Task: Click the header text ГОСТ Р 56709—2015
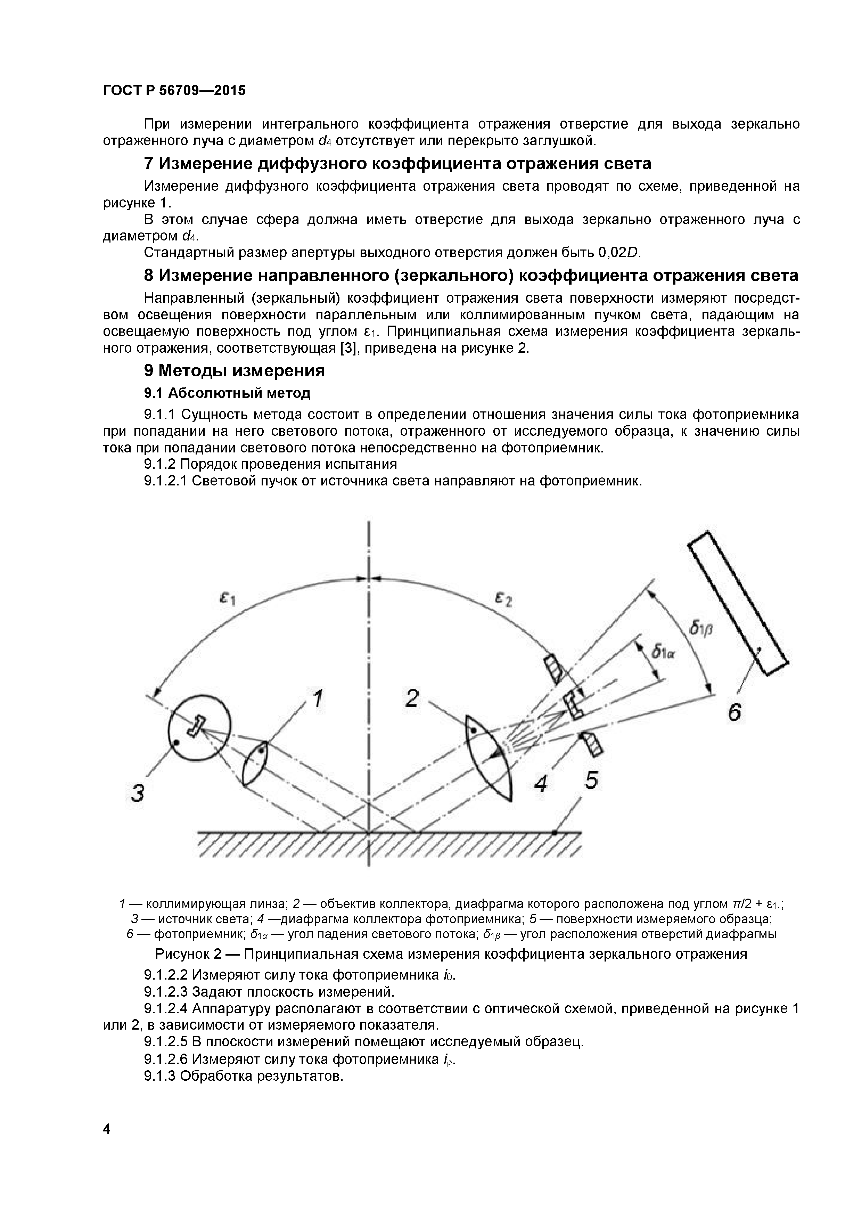(174, 91)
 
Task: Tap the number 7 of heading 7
(149, 164)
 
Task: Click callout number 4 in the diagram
(541, 784)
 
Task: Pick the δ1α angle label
(663, 652)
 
